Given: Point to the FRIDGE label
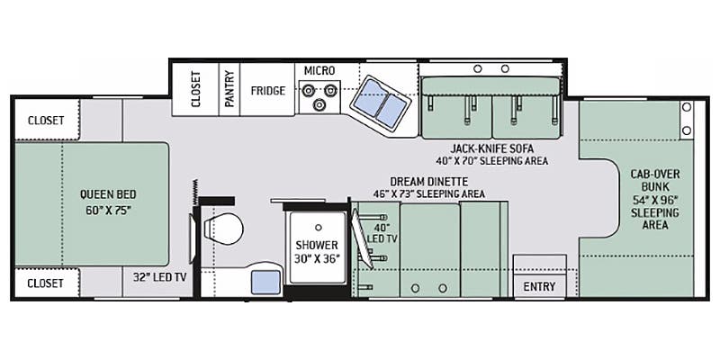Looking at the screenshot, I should point(267,91).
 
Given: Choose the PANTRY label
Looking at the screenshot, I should point(230,90).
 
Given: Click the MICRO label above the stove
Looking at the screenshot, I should point(319,69).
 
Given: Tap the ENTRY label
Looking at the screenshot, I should point(539,288).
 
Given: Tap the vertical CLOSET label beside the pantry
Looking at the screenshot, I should point(197,90).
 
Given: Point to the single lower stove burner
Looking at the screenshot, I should point(319,105).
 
